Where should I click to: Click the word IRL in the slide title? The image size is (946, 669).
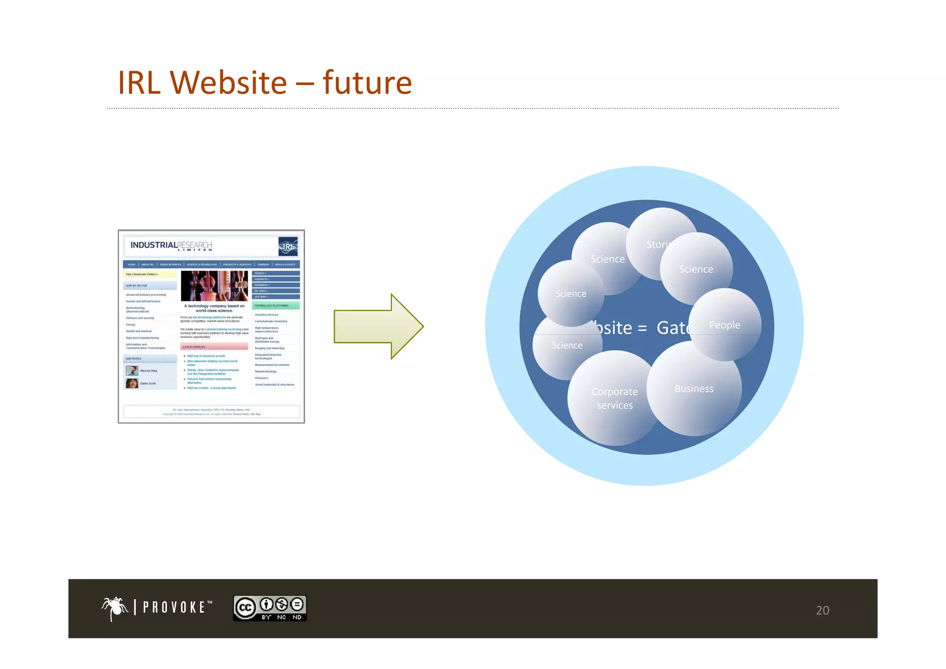[139, 83]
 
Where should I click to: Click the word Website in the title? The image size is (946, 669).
[228, 83]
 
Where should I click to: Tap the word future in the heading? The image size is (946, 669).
[367, 83]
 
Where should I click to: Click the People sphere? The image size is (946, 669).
[724, 325]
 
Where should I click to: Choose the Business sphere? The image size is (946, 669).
[694, 389]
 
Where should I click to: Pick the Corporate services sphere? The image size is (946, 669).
[614, 398]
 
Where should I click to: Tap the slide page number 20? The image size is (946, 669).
[822, 610]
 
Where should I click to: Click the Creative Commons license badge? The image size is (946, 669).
[270, 608]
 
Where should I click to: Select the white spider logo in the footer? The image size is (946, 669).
[115, 608]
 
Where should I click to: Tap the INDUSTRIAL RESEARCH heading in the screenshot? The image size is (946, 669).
[171, 246]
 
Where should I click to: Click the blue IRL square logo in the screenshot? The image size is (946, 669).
[288, 246]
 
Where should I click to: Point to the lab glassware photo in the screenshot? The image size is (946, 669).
[214, 286]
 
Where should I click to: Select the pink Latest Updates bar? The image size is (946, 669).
[214, 346]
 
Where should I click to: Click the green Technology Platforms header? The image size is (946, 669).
[276, 306]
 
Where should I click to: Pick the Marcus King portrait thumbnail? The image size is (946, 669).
[132, 371]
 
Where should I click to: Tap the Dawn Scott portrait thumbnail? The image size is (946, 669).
[132, 383]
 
